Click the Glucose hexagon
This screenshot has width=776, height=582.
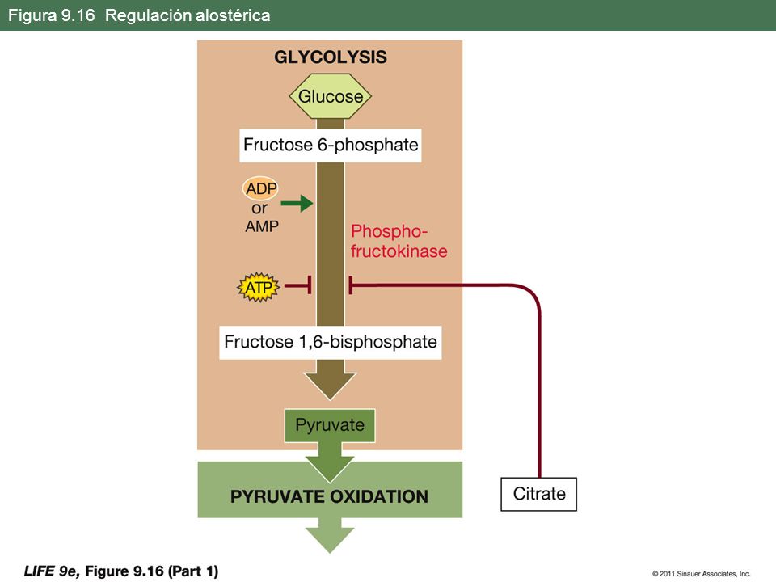(x=330, y=96)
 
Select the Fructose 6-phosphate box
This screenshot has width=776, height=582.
(x=331, y=145)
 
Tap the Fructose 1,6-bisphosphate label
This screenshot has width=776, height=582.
(x=331, y=342)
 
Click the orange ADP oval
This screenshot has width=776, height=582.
(x=261, y=188)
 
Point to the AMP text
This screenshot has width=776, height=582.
(x=262, y=226)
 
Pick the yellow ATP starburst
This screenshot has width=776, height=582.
(x=259, y=287)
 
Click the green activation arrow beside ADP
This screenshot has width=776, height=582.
(x=297, y=203)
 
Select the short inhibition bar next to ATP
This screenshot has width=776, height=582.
(x=298, y=285)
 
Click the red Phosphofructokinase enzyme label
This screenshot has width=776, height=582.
(x=399, y=241)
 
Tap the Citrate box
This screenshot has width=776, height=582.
(x=539, y=494)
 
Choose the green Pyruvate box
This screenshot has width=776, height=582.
(x=330, y=425)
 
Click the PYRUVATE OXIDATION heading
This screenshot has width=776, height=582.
(x=330, y=496)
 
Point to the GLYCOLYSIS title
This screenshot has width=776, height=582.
(x=331, y=57)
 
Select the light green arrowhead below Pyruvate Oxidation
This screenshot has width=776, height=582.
(x=330, y=539)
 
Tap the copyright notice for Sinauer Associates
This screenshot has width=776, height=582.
(x=702, y=574)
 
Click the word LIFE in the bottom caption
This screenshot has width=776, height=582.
(x=40, y=571)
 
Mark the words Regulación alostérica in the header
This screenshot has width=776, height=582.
(x=188, y=15)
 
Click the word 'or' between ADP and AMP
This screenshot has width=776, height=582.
(x=259, y=209)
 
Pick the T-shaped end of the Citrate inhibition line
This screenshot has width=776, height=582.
(x=350, y=285)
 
